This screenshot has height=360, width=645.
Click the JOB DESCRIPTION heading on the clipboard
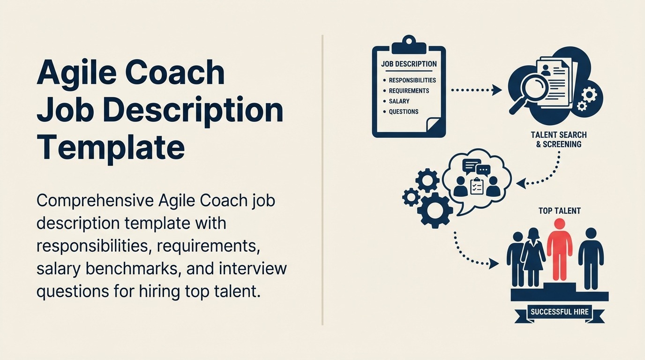point(409,64)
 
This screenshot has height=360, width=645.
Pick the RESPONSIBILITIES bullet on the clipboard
point(412,80)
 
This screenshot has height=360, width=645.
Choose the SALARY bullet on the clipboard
point(399,101)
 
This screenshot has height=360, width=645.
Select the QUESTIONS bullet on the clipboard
point(403,112)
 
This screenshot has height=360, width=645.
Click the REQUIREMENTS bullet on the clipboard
point(409,90)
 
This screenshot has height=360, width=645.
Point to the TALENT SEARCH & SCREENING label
point(558,140)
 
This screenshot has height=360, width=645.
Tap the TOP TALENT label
point(559,211)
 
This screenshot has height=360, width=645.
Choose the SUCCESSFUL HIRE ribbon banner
point(559,312)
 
